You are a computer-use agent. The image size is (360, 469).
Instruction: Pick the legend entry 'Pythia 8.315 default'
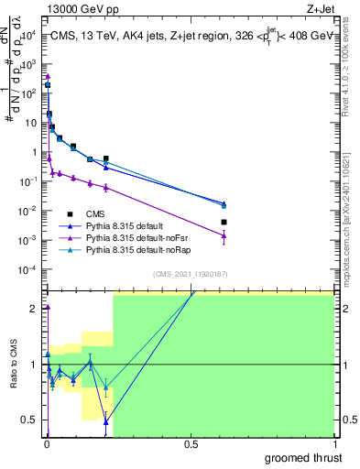pyautogui.click(x=128, y=225)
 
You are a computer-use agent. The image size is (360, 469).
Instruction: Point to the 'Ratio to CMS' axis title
pyautogui.click(x=16, y=364)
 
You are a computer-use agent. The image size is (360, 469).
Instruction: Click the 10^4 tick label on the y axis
pyautogui.click(x=28, y=35)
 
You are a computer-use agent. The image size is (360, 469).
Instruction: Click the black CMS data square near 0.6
pyautogui.click(x=224, y=222)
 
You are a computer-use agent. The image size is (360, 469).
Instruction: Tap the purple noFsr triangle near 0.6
pyautogui.click(x=224, y=235)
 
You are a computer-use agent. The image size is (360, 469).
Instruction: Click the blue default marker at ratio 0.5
pyautogui.click(x=106, y=421)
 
